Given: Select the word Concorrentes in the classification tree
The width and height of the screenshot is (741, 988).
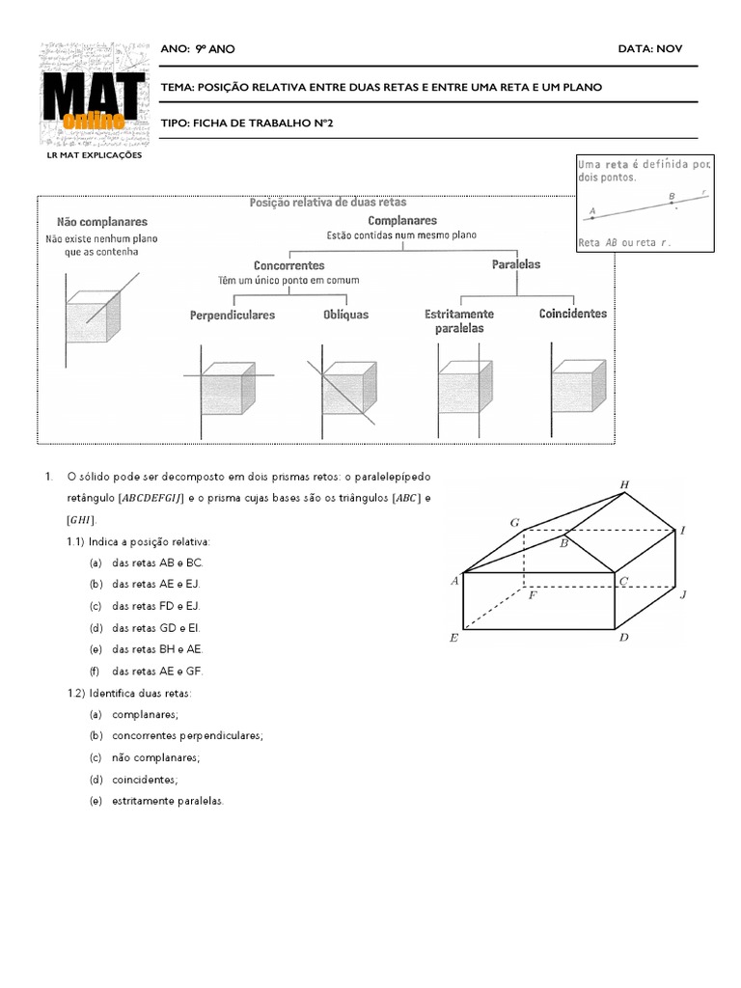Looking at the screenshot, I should pos(288,265).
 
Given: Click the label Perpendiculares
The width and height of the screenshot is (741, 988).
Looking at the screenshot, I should pos(232,315).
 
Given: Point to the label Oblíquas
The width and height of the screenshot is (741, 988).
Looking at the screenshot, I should pos(345,315).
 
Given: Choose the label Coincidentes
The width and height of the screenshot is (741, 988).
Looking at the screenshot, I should pos(573,314).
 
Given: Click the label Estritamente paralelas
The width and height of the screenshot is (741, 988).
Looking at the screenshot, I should pos(459,321).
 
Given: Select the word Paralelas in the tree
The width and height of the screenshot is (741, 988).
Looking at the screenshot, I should pos(516,263).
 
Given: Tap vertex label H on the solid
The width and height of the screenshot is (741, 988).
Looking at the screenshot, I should pos(624,484).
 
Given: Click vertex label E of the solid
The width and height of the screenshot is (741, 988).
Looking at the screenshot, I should pos(453,639).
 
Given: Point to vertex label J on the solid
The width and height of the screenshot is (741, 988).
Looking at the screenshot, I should pos(682,595).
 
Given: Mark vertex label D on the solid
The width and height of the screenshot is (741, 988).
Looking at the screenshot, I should pos(623,639).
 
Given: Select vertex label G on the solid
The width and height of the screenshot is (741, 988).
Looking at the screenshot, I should pos(515,523).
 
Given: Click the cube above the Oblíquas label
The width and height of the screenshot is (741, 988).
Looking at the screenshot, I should pos(343,392).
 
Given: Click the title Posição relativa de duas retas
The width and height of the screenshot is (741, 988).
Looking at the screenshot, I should pos(328,203).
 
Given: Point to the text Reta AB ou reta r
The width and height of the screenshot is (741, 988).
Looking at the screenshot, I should pos(621,243).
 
